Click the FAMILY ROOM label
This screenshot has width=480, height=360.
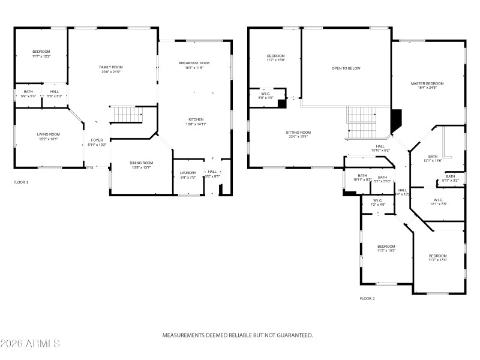(110, 67)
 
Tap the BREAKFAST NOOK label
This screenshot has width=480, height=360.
(194, 63)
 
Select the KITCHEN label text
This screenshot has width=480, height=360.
(196, 119)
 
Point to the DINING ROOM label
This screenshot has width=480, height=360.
(142, 163)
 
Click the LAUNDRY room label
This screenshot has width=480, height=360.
(188, 173)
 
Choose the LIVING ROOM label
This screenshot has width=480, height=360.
(49, 134)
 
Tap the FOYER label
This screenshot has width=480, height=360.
(97, 140)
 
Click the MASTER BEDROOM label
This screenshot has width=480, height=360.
(427, 83)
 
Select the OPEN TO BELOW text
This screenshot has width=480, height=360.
(346, 68)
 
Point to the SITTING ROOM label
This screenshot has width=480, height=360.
(298, 132)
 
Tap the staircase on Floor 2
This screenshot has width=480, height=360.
(361, 122)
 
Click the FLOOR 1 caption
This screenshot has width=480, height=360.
(21, 182)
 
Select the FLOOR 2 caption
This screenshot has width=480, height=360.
(367, 298)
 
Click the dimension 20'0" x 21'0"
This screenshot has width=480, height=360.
(110, 72)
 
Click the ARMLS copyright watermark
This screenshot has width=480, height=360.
(30, 344)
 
